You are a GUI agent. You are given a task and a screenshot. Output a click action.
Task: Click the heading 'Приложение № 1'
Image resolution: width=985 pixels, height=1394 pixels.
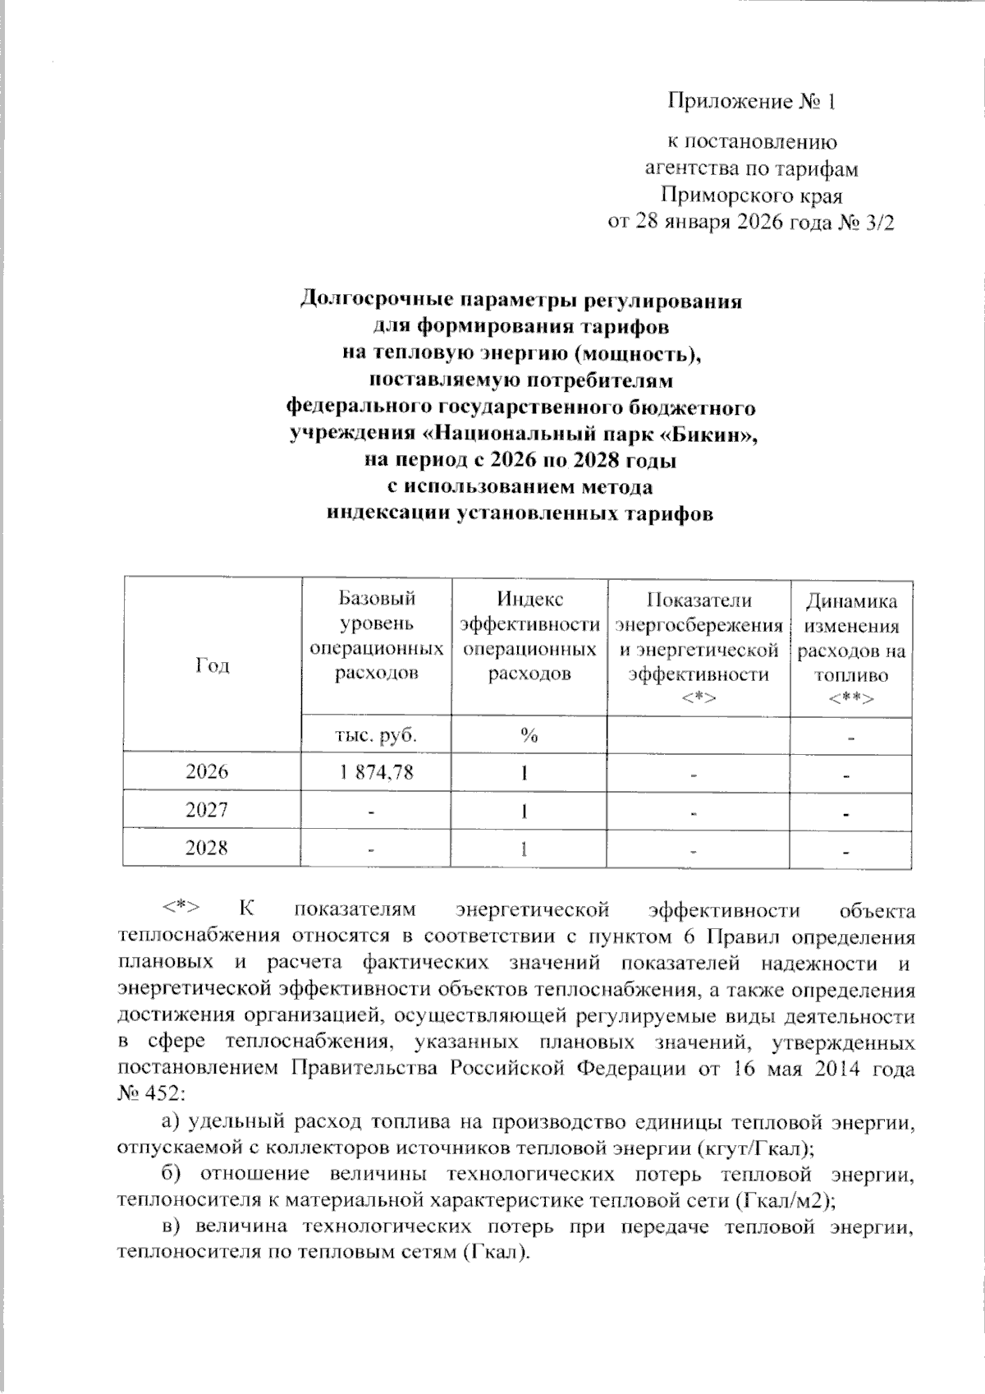coord(751,102)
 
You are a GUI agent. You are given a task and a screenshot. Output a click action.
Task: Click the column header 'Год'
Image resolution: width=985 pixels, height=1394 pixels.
coord(212,665)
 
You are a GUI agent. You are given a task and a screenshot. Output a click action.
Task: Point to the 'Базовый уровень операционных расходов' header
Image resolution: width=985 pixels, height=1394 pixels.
coord(377,637)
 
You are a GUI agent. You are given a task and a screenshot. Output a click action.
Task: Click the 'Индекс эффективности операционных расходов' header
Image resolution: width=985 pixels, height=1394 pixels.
coord(529,637)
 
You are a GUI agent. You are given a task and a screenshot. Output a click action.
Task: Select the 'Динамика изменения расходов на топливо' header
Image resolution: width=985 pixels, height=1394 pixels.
coord(850,649)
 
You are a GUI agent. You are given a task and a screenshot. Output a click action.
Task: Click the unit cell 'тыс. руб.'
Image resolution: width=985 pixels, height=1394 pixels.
coord(377,735)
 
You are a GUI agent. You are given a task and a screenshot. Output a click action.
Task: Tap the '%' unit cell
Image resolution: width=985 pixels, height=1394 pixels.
coord(529,735)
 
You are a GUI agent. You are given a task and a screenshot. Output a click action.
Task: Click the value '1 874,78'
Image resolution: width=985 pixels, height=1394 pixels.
coord(377,773)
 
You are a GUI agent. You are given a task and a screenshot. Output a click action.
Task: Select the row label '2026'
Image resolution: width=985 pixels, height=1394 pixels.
coord(207,772)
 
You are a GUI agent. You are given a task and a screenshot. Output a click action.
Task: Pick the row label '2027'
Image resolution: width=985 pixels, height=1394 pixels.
coord(207,811)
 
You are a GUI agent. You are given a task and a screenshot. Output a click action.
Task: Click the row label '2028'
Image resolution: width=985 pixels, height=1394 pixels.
coord(207,848)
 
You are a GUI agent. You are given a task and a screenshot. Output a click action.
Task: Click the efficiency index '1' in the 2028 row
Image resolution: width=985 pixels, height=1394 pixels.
coord(524,849)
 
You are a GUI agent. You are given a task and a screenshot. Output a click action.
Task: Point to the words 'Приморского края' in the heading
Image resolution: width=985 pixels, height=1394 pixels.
coord(751,196)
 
